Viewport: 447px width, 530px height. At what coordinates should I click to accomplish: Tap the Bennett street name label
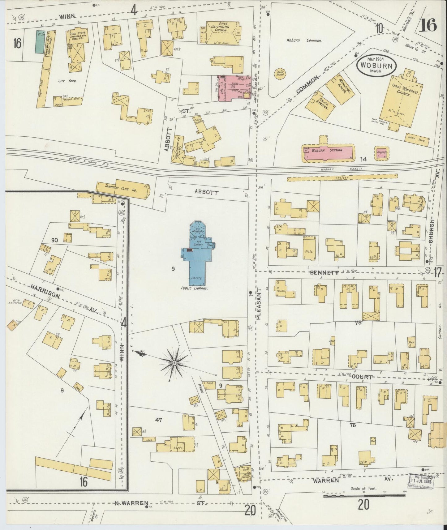point(324,272)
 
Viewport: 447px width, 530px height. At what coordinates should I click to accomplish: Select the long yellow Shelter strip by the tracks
point(342,178)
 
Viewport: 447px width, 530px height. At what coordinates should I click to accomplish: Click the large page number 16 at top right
point(428,25)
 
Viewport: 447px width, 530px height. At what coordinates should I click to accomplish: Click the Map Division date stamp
point(422,480)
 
